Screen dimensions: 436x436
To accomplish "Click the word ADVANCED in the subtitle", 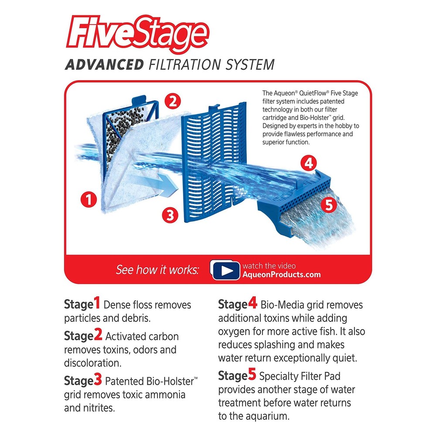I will point(104,65).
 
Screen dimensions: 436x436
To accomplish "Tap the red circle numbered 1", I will point(89,200).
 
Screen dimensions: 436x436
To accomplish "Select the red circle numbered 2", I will point(173,102).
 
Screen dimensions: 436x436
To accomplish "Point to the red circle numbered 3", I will point(170,214).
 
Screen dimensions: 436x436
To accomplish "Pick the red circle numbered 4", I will point(308,163).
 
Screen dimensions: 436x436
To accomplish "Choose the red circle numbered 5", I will point(330,204).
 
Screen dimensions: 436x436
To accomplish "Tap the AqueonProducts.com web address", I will point(282,275).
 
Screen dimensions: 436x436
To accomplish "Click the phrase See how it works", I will point(157,270).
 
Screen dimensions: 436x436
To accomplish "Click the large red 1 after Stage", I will point(97,303).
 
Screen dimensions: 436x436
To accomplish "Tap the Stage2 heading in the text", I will point(83,336).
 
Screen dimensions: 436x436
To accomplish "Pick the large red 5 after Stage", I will point(252,375).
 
